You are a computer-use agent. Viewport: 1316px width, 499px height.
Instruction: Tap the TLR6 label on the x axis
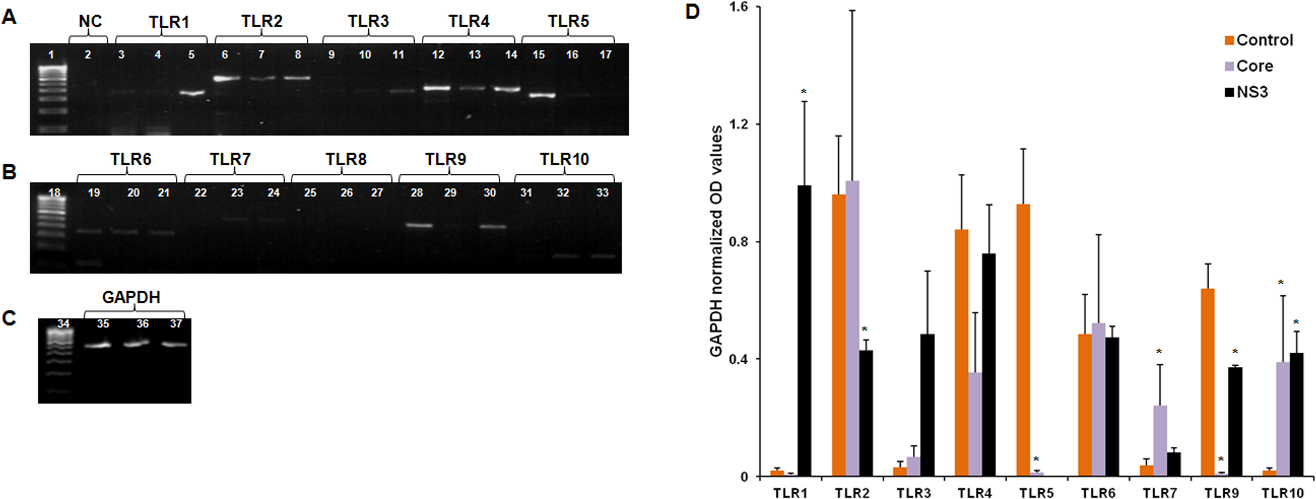1097,493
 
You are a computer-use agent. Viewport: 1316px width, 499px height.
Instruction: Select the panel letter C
9,318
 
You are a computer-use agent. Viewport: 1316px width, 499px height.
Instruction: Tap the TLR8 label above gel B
346,159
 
